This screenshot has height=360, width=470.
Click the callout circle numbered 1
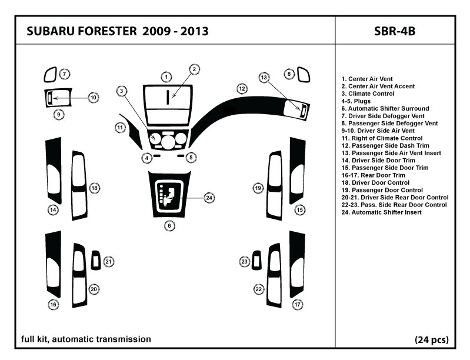(x=167, y=77)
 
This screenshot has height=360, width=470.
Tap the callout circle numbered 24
(x=209, y=198)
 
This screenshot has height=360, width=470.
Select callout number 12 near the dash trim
(x=242, y=89)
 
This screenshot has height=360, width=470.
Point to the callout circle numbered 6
(x=168, y=225)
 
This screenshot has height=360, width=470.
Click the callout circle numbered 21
(x=109, y=261)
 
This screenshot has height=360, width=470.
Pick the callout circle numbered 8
(x=289, y=74)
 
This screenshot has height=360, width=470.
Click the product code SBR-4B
(x=394, y=31)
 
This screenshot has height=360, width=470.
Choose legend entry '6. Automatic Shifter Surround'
(x=385, y=109)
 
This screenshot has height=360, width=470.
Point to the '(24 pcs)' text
(x=432, y=339)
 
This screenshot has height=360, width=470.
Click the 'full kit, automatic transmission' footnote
(x=86, y=339)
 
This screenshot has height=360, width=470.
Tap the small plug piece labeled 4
(x=158, y=157)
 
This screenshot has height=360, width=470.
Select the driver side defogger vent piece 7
(x=50, y=75)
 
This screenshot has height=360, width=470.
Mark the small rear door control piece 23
(x=257, y=260)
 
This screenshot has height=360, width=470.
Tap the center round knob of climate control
(x=168, y=141)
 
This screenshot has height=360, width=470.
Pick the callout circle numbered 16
(x=54, y=305)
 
